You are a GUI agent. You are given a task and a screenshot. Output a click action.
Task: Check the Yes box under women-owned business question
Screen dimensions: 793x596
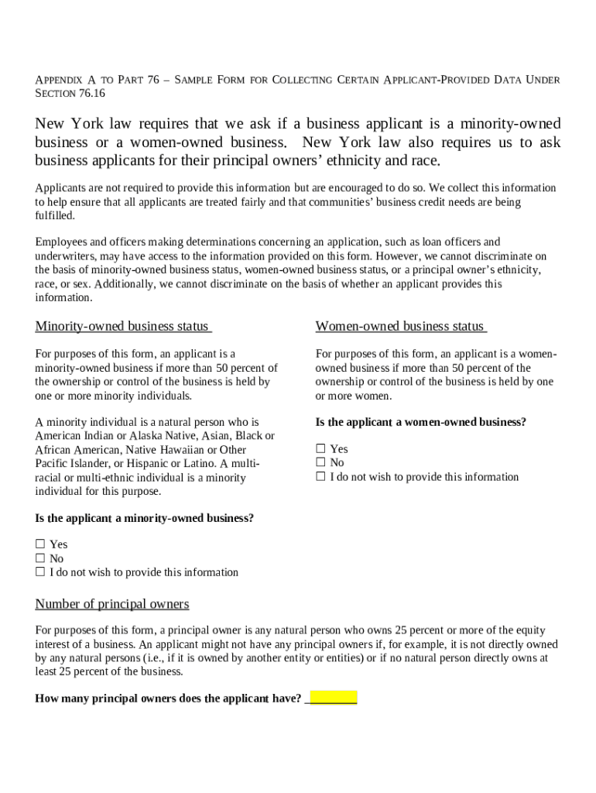tap(320, 449)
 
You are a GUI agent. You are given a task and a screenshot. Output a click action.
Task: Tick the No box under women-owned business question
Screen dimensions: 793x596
tap(320, 463)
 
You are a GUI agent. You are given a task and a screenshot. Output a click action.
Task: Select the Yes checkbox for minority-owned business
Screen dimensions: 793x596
tap(40, 544)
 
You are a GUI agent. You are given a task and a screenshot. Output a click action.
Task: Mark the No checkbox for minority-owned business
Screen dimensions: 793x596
tap(40, 558)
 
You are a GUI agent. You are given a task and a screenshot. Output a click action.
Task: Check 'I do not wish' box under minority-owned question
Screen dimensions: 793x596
tap(40, 572)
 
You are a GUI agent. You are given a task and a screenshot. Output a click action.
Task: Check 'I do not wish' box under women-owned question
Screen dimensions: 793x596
tap(320, 477)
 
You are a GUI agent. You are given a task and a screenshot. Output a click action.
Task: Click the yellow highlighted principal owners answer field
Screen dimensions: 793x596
tap(333, 697)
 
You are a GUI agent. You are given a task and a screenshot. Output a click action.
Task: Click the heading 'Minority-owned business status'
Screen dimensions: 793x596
tap(122, 326)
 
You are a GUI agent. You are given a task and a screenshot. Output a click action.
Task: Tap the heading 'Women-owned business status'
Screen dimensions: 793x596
tap(399, 326)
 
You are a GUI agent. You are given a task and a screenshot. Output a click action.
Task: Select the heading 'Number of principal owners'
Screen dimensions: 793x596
tap(112, 603)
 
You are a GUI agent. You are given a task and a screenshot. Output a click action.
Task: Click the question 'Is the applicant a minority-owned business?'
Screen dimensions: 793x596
tap(144, 518)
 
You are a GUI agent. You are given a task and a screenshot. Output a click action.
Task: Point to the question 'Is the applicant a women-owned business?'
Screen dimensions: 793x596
tap(420, 422)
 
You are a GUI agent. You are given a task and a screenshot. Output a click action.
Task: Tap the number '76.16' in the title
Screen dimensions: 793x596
tap(91, 94)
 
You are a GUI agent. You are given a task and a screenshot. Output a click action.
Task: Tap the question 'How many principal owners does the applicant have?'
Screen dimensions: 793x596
tap(168, 699)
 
